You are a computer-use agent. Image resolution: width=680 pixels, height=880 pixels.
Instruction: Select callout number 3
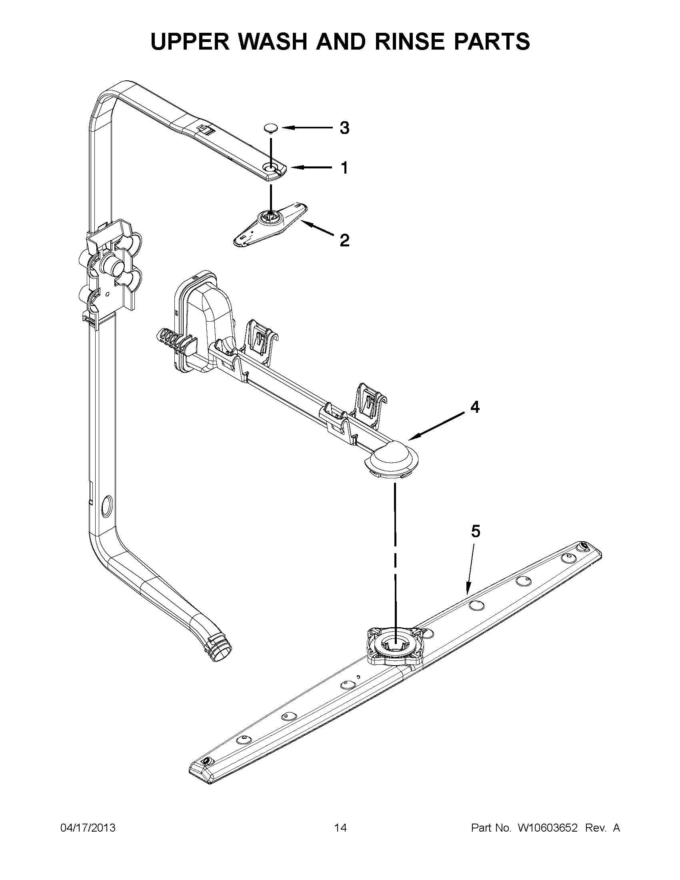[344, 128]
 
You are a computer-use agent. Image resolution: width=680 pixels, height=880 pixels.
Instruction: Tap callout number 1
[344, 168]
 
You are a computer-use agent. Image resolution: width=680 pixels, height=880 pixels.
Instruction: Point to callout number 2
[344, 240]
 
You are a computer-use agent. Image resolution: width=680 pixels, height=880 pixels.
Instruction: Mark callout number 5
[476, 532]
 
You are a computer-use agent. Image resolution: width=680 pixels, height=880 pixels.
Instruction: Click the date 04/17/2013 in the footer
[88, 828]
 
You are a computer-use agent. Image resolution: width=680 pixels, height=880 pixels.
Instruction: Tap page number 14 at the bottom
[340, 828]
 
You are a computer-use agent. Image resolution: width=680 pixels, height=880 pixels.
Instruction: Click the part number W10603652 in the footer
[548, 828]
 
